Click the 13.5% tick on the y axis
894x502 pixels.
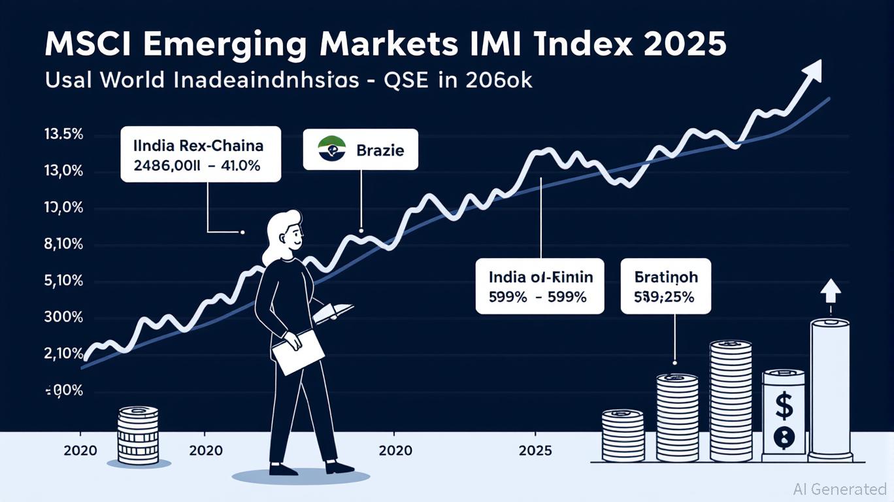(x=64, y=135)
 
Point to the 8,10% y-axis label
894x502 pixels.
(x=64, y=245)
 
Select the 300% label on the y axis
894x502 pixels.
(x=64, y=318)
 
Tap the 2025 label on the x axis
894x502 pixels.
(x=535, y=451)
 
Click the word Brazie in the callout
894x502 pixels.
(x=380, y=150)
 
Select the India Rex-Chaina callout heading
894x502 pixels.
(x=199, y=145)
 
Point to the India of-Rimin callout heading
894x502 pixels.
(x=540, y=277)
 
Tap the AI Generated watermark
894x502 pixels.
(x=840, y=489)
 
